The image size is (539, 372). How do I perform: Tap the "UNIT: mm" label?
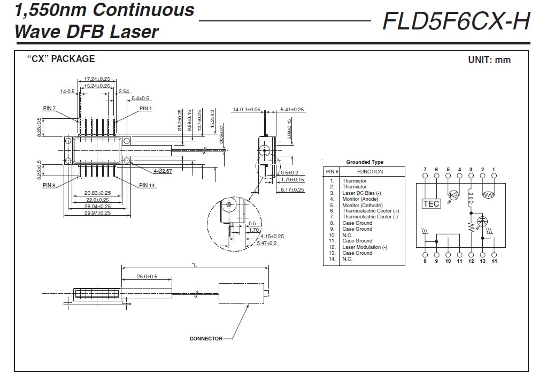click(489, 60)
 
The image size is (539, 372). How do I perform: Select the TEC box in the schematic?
click(430, 203)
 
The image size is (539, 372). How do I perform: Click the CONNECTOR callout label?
click(206, 339)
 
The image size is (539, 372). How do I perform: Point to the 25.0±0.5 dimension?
click(147, 277)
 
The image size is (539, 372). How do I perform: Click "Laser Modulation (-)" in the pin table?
click(365, 247)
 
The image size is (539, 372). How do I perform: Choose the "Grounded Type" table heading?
click(365, 162)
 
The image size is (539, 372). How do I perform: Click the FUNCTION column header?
click(370, 172)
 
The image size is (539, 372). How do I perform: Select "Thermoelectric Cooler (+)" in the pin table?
click(371, 211)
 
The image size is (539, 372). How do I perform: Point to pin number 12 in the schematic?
click(471, 261)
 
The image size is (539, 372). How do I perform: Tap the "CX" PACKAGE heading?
click(61, 59)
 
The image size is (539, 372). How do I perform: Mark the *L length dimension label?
click(194, 265)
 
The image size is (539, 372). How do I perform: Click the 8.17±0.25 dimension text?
click(292, 189)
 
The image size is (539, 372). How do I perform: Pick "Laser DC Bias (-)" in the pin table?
click(363, 193)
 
